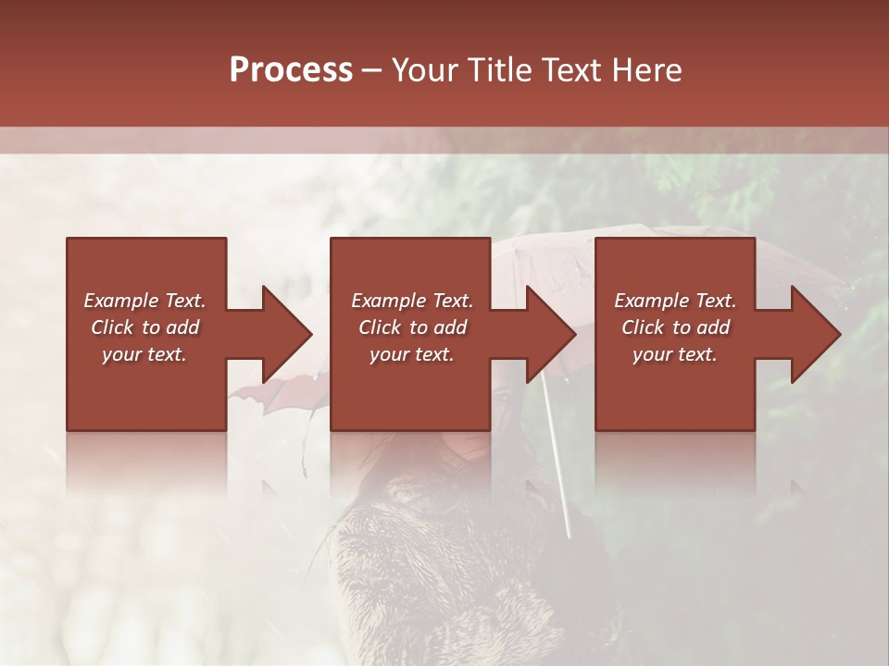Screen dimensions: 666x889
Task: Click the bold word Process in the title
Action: tap(291, 70)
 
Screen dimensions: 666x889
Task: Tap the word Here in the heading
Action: tap(646, 70)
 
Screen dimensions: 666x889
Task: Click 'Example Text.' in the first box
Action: tap(144, 301)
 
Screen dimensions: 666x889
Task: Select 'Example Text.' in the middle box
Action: tap(412, 301)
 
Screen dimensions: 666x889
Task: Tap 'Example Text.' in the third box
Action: tap(675, 301)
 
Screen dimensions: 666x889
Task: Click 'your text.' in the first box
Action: tap(144, 354)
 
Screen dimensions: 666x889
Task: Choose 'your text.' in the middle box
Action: tap(412, 354)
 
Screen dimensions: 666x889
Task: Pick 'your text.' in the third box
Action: tap(675, 354)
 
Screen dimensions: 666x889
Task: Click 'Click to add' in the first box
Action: tap(144, 327)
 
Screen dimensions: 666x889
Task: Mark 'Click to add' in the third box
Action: tap(675, 327)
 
